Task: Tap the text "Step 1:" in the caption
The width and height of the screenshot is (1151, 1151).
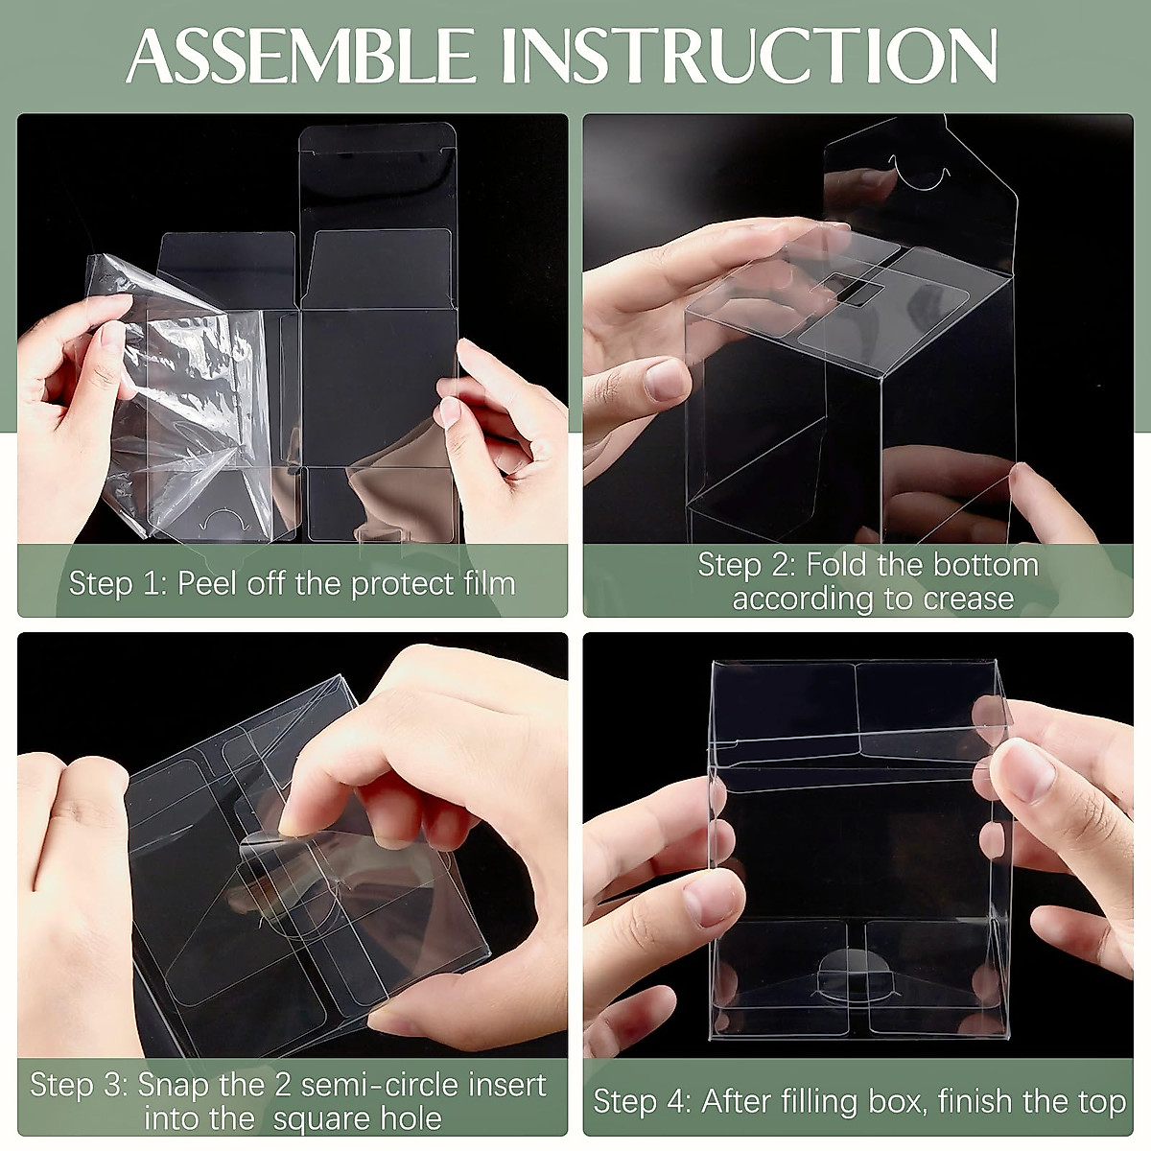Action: coord(118,583)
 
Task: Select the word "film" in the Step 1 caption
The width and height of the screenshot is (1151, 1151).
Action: coord(489,583)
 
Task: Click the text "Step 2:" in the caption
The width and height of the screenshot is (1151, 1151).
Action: coord(746,565)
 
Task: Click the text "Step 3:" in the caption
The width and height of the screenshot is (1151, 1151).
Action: coord(79,1084)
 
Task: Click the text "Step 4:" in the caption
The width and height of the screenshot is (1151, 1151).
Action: coord(642,1101)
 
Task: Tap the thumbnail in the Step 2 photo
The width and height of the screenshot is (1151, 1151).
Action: coord(666,381)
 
